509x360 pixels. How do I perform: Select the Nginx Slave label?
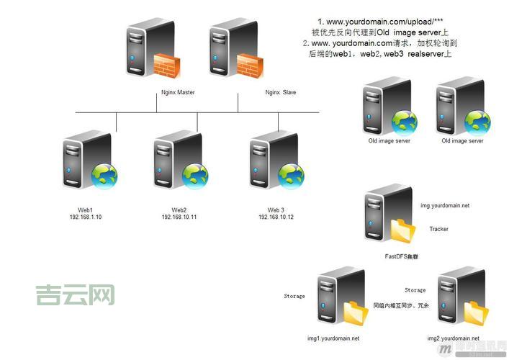tap(281, 93)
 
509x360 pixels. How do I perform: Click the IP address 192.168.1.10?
tap(86, 217)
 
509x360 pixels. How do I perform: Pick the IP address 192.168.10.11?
tap(179, 217)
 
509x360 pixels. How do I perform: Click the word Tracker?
tap(439, 230)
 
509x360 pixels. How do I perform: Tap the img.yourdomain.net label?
tap(445, 206)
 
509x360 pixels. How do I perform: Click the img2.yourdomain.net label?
tap(453, 338)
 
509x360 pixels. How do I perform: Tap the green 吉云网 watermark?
tap(75, 294)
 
